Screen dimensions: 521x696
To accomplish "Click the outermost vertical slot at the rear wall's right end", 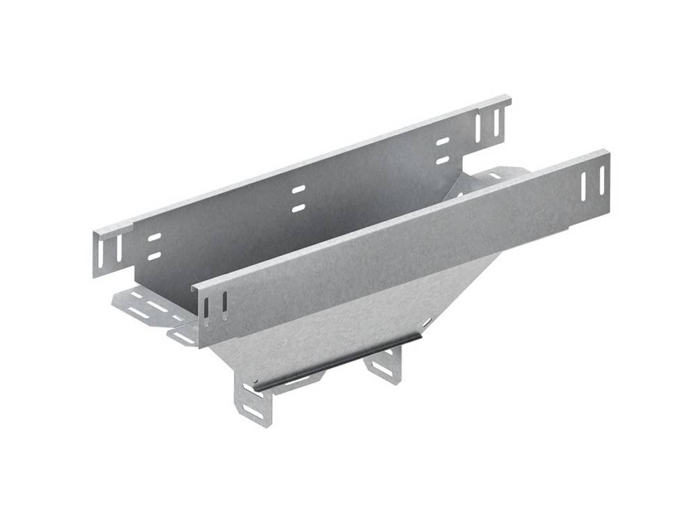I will [496, 122].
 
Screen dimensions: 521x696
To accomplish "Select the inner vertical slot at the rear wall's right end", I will [481, 126].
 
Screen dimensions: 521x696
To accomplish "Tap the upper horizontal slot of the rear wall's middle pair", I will [298, 189].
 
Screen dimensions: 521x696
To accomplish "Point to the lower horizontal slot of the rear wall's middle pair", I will [298, 207].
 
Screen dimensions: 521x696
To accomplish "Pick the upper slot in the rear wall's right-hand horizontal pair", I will [443, 141].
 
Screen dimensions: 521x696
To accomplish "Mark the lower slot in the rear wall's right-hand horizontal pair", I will [443, 159].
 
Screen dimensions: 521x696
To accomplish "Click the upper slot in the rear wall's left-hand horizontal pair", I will [154, 237].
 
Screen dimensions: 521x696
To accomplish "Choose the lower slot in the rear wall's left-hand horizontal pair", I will [154, 255].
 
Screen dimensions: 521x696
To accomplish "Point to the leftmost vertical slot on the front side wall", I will [206, 311].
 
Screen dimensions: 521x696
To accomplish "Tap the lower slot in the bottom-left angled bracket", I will [255, 411].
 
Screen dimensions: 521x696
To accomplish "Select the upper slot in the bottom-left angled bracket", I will [248, 389].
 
